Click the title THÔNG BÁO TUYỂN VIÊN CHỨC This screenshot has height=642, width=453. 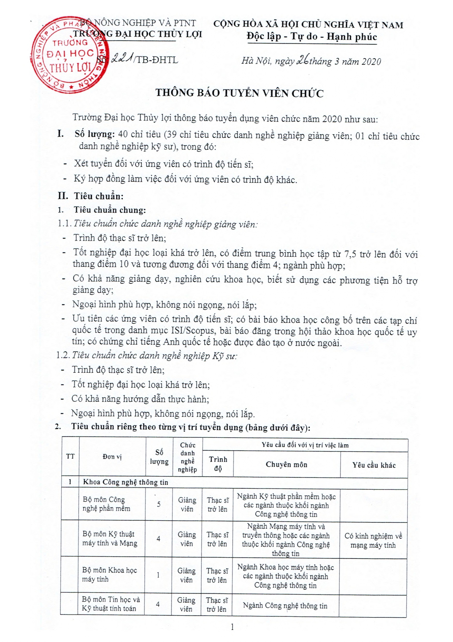click(x=239, y=93)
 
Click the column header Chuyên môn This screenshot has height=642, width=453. click(x=286, y=464)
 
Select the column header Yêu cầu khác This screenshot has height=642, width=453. click(x=374, y=465)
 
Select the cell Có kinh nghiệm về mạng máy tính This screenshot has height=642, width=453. click(x=373, y=540)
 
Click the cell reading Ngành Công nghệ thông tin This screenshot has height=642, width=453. click(x=285, y=606)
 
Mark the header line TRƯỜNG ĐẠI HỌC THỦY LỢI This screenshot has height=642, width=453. click(x=137, y=34)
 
